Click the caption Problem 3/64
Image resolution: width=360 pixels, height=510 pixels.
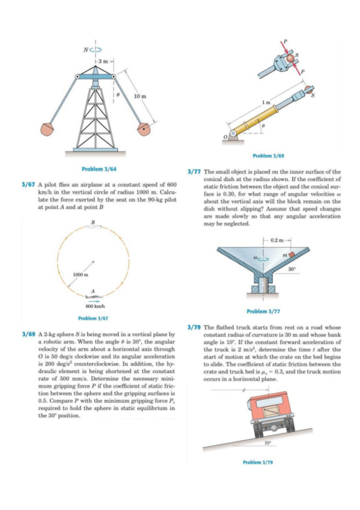coord(99,169)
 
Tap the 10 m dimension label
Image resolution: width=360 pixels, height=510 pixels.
coord(141,96)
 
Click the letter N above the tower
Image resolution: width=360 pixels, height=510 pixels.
coord(86,50)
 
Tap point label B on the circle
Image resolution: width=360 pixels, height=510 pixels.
coord(93,222)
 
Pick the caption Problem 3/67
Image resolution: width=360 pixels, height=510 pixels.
coord(93,318)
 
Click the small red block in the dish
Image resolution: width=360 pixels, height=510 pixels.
coord(292,254)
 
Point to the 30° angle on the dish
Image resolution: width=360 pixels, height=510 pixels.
coord(292,269)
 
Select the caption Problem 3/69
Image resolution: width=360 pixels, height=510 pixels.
coord(269,156)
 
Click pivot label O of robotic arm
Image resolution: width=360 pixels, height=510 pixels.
coord(225,138)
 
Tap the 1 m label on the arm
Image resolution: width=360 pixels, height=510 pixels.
coord(266,102)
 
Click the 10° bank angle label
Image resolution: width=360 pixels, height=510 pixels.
coord(267,443)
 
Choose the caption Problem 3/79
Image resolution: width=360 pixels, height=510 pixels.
coord(258,462)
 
